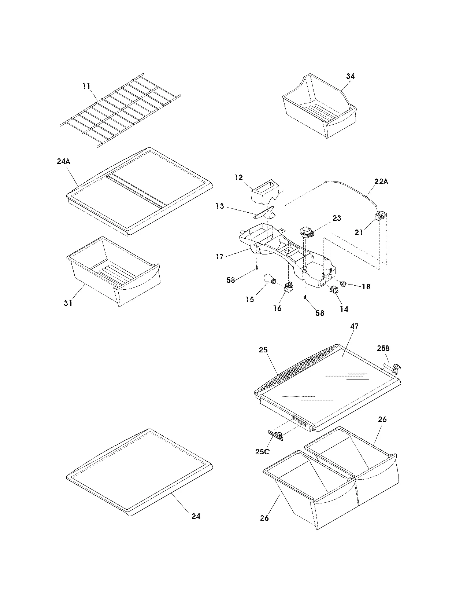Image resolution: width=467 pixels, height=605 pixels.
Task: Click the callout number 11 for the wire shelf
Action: pyautogui.click(x=86, y=86)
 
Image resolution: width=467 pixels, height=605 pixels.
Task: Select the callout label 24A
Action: pyautogui.click(x=63, y=161)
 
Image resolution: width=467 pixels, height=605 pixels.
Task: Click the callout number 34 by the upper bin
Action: pyautogui.click(x=350, y=76)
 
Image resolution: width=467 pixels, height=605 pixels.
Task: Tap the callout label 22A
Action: pyautogui.click(x=381, y=181)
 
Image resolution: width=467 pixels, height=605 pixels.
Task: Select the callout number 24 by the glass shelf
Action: pyautogui.click(x=196, y=516)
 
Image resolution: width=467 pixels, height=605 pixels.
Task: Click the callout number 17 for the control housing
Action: pyautogui.click(x=219, y=257)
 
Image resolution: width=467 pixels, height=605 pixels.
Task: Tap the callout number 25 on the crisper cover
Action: pyautogui.click(x=263, y=350)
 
